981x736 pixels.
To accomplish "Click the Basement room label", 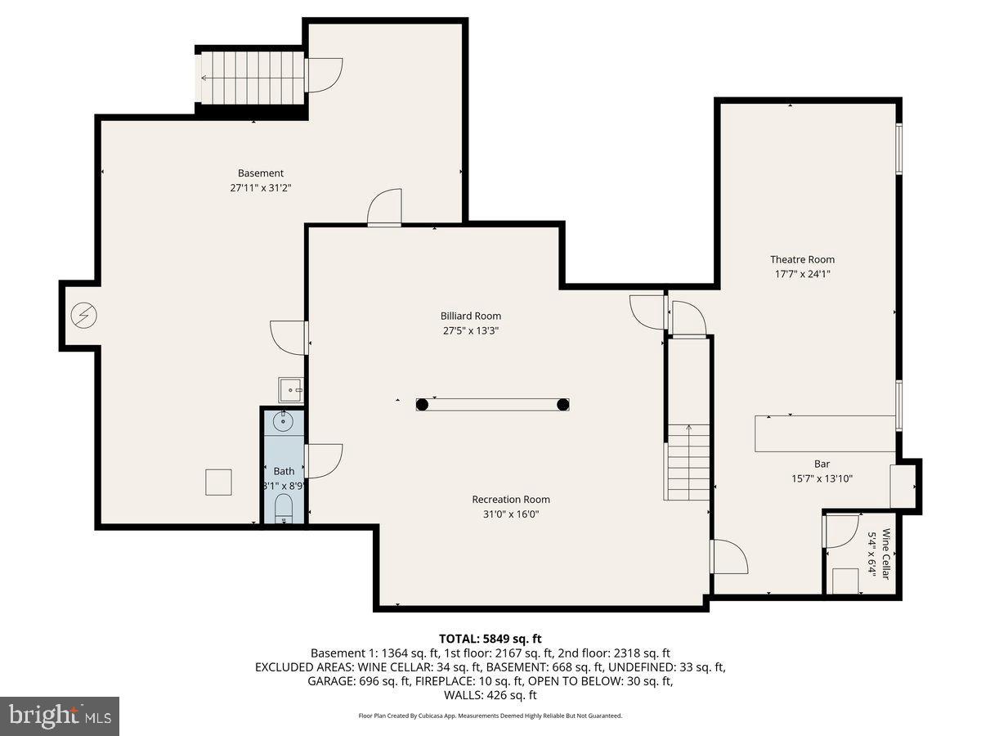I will point(261,173).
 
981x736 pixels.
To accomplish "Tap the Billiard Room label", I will point(471,316).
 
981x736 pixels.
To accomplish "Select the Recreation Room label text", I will point(511,499).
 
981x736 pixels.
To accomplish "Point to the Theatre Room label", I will point(802,259).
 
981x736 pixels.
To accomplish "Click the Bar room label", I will point(822,464).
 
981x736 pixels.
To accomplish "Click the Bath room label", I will point(284,471).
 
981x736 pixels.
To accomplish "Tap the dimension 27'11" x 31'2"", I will point(261,187).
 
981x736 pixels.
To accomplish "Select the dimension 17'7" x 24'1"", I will point(802,274).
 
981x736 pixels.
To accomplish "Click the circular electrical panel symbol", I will point(83,314).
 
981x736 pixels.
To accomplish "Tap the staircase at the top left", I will point(251,78).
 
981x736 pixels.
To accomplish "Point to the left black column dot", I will point(422,404).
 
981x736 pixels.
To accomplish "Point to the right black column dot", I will point(562,404).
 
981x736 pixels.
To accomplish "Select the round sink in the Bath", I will point(283,423).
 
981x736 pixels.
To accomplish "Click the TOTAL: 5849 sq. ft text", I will point(490,638).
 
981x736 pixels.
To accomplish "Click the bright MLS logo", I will point(60,716).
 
